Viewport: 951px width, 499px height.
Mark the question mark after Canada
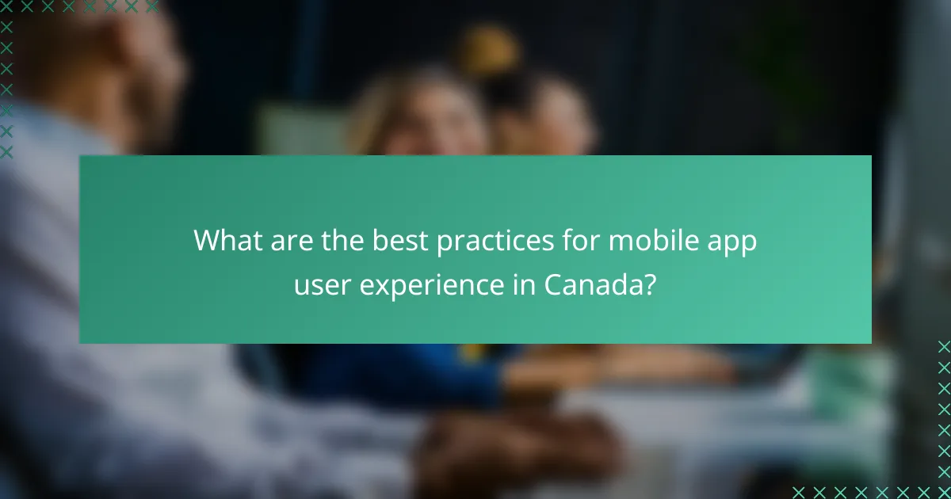(649, 284)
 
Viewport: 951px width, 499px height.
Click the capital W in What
(208, 241)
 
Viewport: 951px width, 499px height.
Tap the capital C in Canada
(554, 284)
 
